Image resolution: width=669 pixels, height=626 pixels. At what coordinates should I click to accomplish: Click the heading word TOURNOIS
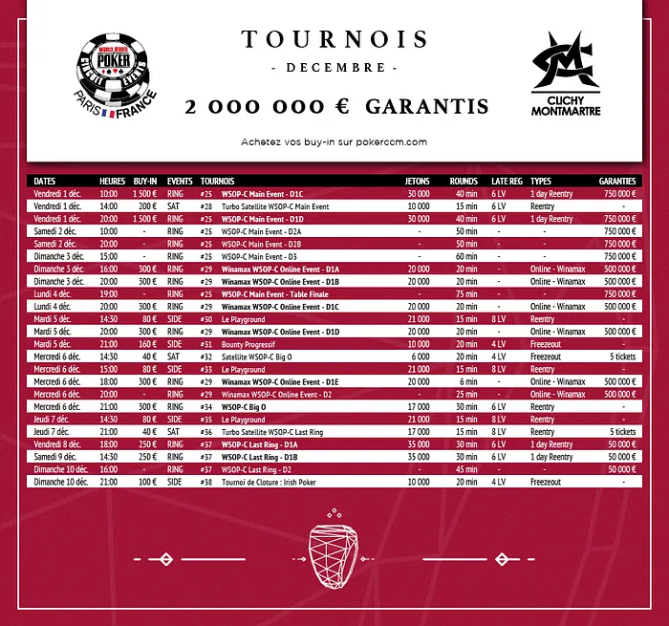pyautogui.click(x=334, y=39)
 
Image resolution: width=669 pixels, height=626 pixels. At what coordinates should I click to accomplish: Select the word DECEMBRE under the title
pyautogui.click(x=334, y=69)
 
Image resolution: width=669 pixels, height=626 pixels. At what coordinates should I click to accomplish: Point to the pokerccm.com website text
pyautogui.click(x=334, y=141)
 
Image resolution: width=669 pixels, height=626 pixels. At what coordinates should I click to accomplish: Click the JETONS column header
pyautogui.click(x=418, y=181)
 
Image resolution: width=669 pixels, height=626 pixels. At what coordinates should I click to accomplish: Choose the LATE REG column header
pyautogui.click(x=507, y=181)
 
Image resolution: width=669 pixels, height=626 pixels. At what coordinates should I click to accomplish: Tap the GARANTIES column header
pyautogui.click(x=617, y=181)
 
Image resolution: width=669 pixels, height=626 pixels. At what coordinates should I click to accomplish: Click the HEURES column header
pyautogui.click(x=112, y=181)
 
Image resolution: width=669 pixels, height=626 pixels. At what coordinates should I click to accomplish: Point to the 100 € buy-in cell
pyautogui.click(x=146, y=482)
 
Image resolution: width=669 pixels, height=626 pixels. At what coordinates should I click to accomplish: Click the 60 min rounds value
pyautogui.click(x=465, y=256)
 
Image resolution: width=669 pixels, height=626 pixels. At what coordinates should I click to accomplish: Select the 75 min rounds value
pyautogui.click(x=465, y=294)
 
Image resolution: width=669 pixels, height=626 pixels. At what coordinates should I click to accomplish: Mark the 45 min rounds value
pyautogui.click(x=465, y=469)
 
